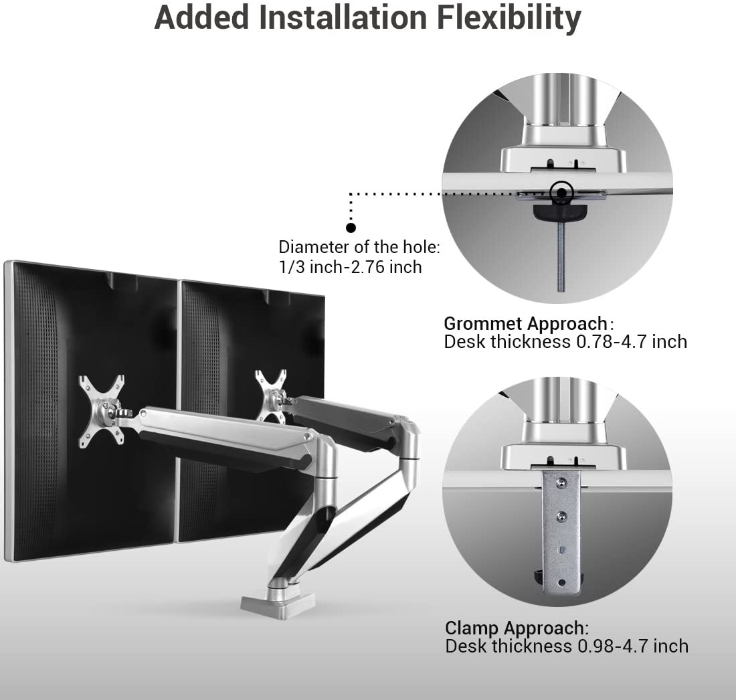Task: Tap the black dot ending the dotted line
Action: (351, 228)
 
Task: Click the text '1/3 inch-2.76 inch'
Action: (350, 267)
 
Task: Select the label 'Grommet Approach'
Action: (526, 324)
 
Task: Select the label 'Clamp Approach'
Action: (515, 628)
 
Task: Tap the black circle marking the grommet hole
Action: (562, 193)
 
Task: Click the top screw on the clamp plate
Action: (561, 482)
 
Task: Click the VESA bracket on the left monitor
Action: (101, 410)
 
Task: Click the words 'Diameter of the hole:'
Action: (359, 247)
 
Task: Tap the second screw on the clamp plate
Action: (561, 515)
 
